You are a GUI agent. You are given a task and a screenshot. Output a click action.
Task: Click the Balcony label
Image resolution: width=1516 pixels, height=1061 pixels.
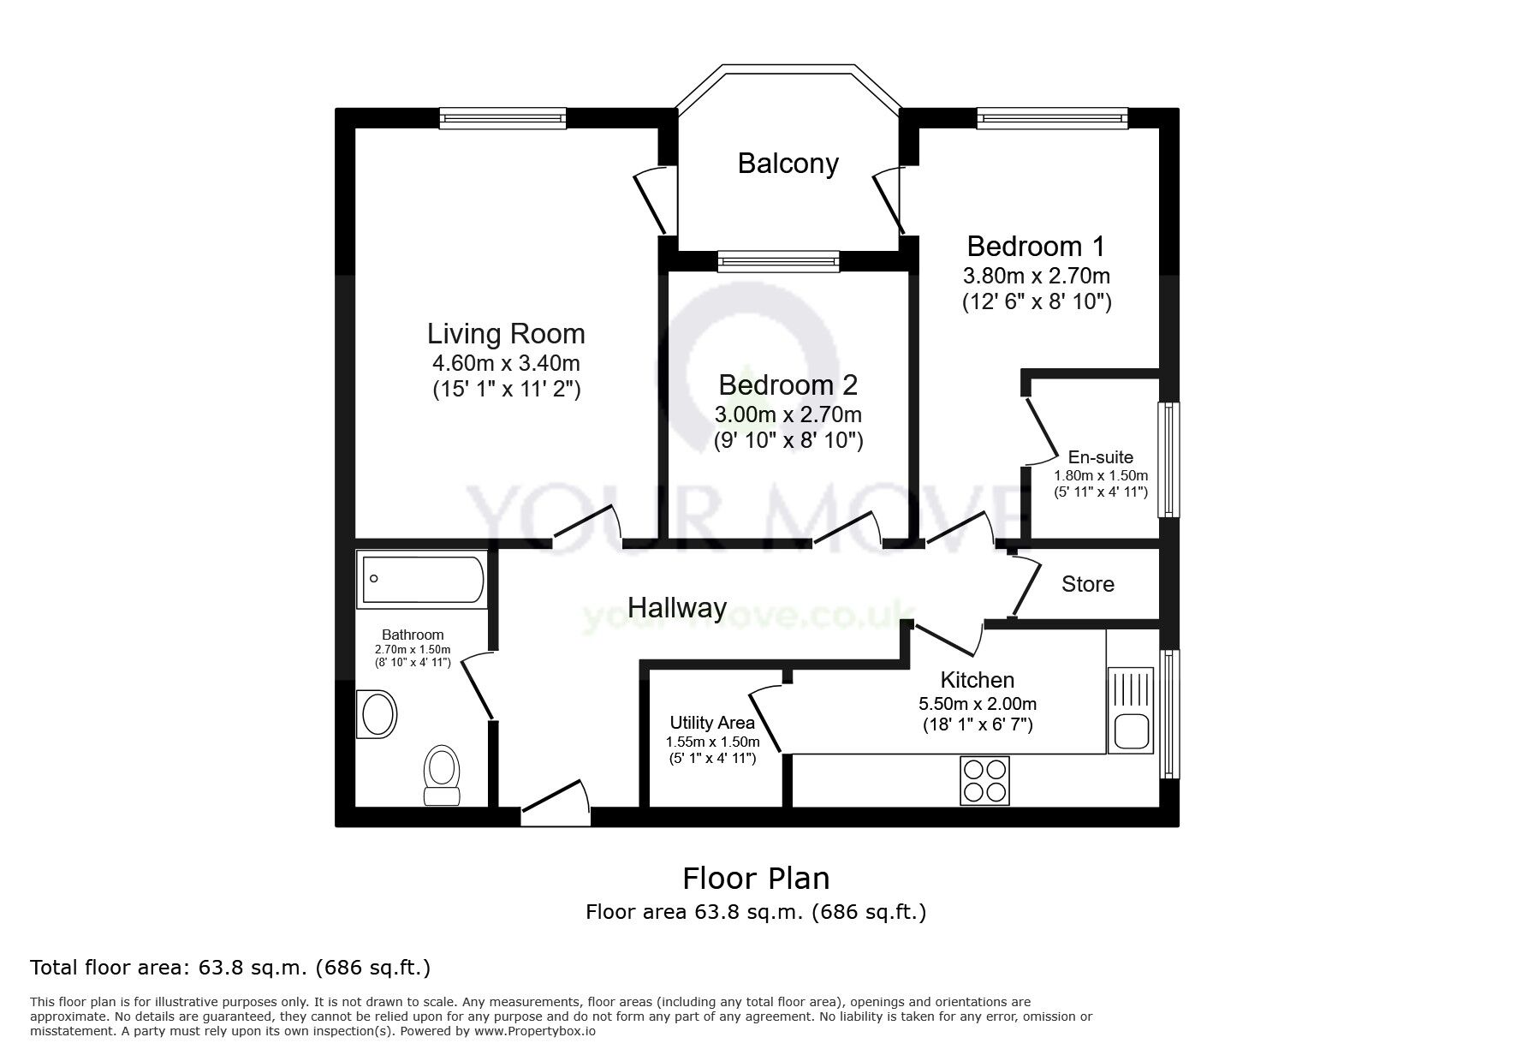coord(788,164)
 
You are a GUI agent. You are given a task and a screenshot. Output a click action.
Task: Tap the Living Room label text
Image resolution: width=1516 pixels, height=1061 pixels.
coord(506,334)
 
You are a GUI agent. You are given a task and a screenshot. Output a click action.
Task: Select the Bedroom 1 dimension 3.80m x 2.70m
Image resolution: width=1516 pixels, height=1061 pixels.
coord(1036,276)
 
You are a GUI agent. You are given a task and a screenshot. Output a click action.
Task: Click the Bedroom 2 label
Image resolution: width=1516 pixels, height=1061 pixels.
coord(788,385)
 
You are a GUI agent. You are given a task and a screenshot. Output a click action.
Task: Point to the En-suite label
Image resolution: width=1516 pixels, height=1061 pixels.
coord(1100,457)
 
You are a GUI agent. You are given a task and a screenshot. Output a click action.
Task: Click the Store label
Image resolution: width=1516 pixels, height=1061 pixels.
coord(1087,584)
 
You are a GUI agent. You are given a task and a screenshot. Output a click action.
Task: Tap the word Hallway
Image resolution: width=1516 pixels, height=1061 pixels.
coord(677,608)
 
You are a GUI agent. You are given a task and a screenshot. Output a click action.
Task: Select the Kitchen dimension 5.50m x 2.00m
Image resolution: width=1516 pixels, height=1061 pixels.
coord(977,704)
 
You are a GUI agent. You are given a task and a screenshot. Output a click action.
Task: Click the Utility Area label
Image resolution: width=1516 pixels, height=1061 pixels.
coord(712,723)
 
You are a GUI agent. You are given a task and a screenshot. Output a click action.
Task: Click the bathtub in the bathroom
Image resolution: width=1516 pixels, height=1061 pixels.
coord(421,581)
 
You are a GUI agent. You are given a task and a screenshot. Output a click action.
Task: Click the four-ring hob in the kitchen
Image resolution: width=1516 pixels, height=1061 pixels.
coord(984,780)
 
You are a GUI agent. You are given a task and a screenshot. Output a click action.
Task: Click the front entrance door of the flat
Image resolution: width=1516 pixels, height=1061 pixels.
coord(555,806)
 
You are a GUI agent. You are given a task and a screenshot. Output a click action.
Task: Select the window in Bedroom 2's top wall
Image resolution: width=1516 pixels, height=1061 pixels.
coord(778,260)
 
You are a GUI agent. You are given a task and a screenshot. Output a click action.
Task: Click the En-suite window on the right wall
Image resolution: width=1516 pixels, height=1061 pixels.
coord(1168,459)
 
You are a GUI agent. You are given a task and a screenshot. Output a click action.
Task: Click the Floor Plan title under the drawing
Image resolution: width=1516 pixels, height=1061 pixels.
coord(755,879)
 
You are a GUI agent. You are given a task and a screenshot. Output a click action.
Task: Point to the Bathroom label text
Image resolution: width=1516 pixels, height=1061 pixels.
coord(413,635)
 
